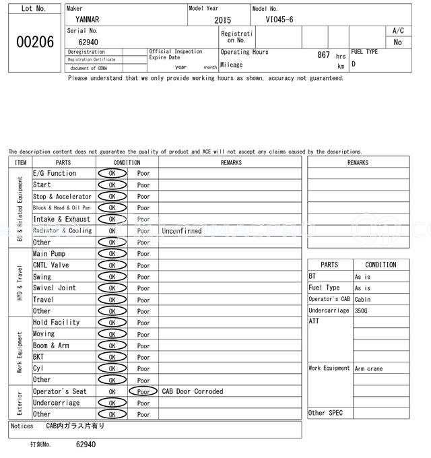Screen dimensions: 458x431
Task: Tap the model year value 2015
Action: (222, 21)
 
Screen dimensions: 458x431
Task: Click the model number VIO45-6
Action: (279, 20)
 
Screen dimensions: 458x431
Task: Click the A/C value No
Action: (397, 42)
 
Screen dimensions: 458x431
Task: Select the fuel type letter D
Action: (354, 65)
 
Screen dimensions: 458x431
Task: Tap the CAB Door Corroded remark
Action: (193, 391)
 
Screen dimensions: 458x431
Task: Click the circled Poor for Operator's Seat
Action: (143, 391)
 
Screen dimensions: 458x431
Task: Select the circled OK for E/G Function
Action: (112, 174)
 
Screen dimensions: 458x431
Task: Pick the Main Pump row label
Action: (49, 254)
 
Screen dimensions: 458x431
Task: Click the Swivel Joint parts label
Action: (55, 288)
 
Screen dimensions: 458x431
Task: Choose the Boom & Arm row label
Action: (51, 346)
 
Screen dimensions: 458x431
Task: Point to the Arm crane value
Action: (369, 368)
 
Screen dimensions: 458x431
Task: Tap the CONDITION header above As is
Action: (380, 265)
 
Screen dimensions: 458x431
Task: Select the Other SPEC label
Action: (326, 413)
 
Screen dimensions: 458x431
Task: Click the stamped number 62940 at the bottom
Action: (86, 445)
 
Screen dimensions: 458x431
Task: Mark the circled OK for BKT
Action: (112, 357)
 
